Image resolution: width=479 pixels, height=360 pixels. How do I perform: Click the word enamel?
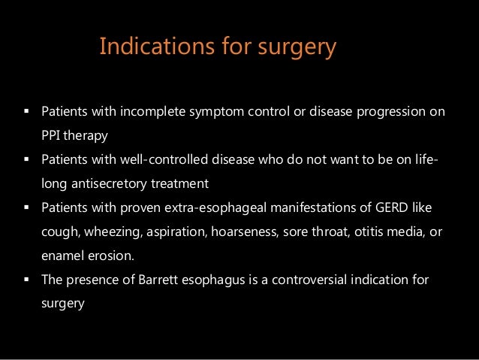(59, 256)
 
